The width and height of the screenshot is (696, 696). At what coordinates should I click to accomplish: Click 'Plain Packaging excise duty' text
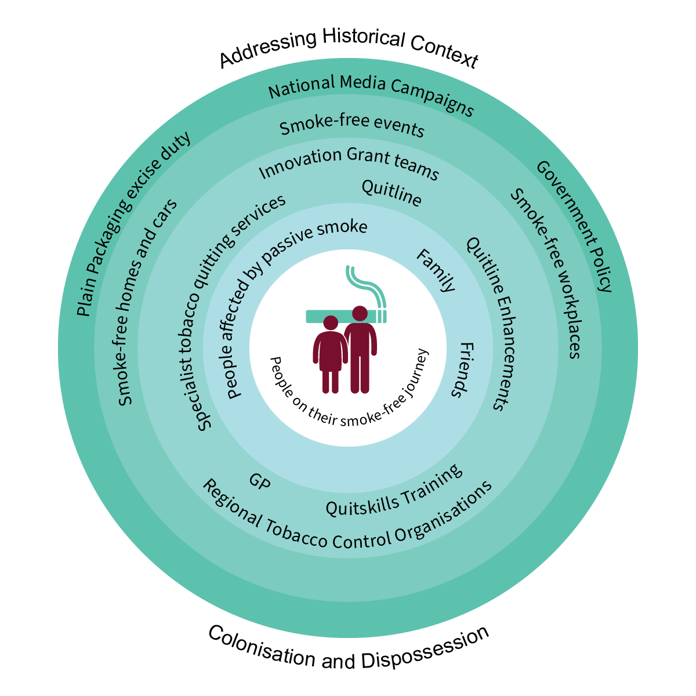(x=133, y=223)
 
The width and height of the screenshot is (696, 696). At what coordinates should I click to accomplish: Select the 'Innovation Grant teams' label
(x=349, y=162)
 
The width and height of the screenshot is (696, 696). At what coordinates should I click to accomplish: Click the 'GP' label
(x=259, y=481)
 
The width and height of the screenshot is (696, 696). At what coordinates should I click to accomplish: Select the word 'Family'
(x=436, y=270)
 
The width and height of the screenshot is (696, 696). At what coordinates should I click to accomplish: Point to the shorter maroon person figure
(x=330, y=354)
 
